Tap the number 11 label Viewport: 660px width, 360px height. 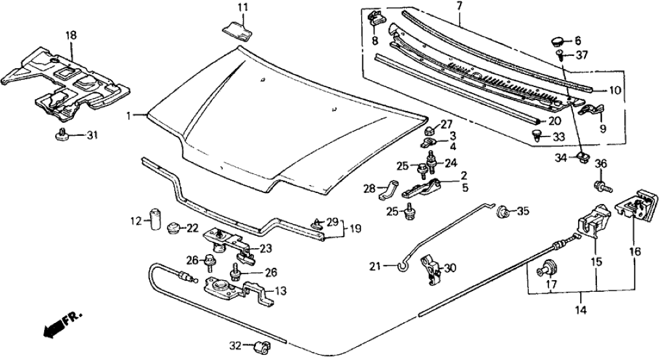pos(242,8)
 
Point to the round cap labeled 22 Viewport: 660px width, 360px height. pos(173,229)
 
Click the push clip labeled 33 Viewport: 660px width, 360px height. pos(537,136)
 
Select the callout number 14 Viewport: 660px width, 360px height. pos(581,310)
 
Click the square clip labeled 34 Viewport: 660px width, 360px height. pos(583,157)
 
